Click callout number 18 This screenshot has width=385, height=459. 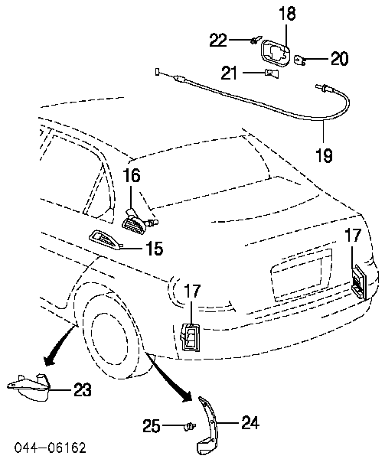(287, 14)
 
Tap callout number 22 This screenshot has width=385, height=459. (218, 40)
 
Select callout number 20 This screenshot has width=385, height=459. (339, 59)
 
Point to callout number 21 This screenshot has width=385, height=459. (230, 73)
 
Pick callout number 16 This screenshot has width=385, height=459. (132, 175)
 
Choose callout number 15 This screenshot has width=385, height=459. (155, 249)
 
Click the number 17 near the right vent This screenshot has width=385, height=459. (353, 236)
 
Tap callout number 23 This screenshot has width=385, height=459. (82, 389)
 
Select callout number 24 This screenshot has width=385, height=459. (250, 423)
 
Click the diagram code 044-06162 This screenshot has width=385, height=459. (51, 448)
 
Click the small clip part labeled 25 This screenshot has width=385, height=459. (190, 427)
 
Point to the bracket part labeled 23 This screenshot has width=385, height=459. (28, 386)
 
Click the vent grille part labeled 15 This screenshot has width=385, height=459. (106, 240)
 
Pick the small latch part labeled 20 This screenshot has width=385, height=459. (300, 60)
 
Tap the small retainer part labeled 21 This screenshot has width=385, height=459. (272, 73)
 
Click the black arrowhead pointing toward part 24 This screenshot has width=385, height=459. (188, 397)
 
